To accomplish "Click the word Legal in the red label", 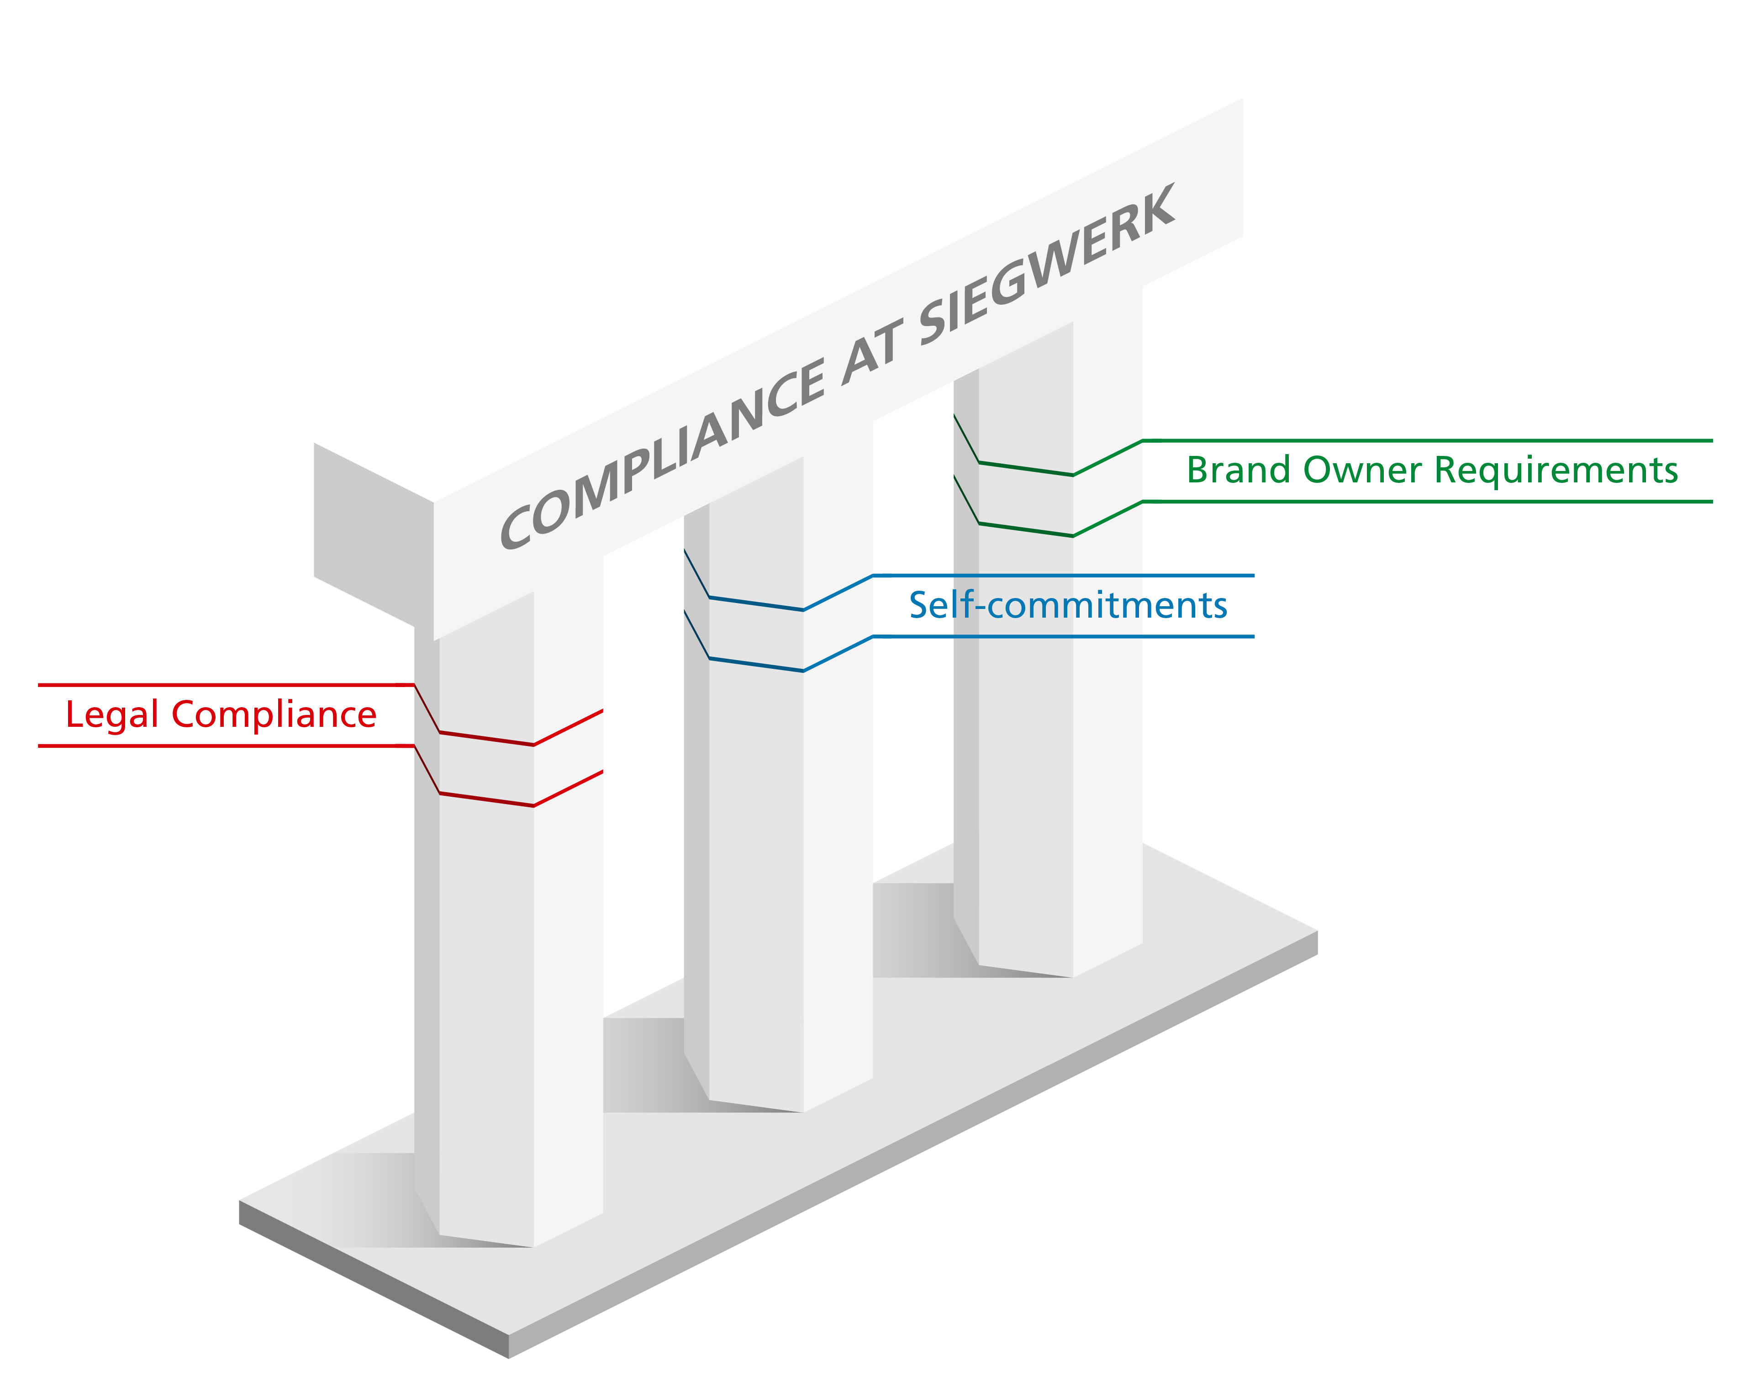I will tap(111, 715).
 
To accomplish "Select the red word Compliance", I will tap(274, 715).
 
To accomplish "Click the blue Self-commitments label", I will tap(1067, 605).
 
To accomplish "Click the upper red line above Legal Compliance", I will tap(227, 685).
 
